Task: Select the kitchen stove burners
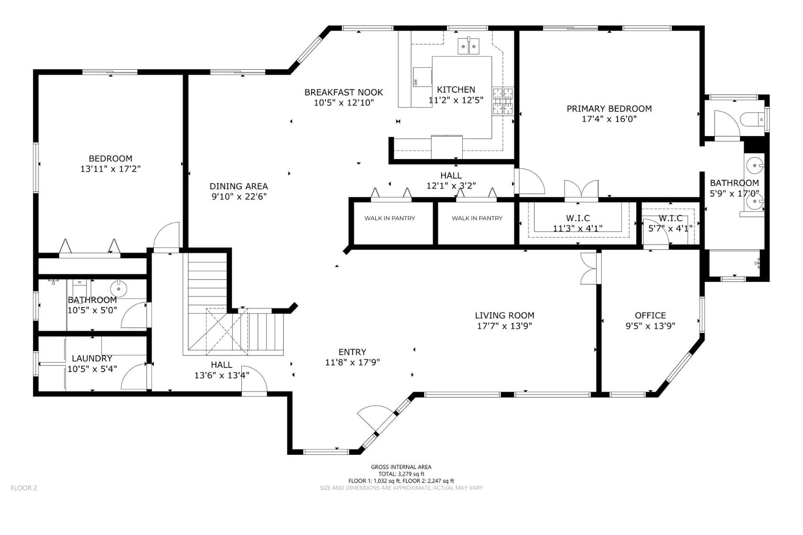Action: pos(503,101)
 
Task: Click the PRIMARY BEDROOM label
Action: pos(609,109)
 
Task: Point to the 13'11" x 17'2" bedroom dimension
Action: pos(110,169)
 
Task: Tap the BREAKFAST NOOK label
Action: pos(344,92)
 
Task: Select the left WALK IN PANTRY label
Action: pos(390,218)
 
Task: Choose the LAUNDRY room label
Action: pos(92,358)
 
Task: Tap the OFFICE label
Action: pos(650,315)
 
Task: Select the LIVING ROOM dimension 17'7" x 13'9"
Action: pos(504,326)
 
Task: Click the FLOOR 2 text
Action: pos(23,488)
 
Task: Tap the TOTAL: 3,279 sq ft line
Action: pos(401,474)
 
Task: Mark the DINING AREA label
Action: pos(239,186)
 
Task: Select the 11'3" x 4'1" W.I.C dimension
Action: pos(577,228)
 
